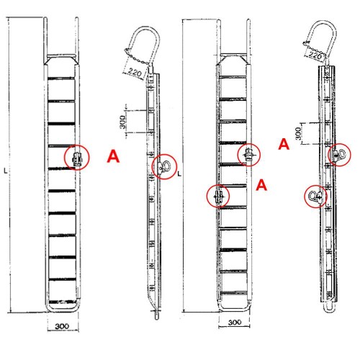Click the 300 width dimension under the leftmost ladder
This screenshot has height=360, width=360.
pyautogui.click(x=62, y=326)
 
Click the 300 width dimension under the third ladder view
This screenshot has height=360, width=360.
pyautogui.click(x=235, y=322)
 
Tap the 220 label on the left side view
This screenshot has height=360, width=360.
pyautogui.click(x=135, y=72)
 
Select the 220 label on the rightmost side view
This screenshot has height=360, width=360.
pyautogui.click(x=315, y=55)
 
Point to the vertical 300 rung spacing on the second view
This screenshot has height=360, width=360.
pyautogui.click(x=122, y=122)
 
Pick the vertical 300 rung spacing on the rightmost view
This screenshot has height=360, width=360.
pyautogui.click(x=298, y=133)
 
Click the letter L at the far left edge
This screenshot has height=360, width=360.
pyautogui.click(x=6, y=171)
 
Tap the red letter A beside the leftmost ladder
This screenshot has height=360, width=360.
pyautogui.click(x=113, y=156)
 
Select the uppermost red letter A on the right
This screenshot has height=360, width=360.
pyautogui.click(x=284, y=144)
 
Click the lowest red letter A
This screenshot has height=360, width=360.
pyautogui.click(x=261, y=185)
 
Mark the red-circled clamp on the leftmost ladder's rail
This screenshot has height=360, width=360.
pyautogui.click(x=77, y=158)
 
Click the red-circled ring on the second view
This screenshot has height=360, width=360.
pyautogui.click(x=164, y=166)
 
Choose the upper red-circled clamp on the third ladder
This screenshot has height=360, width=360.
pyautogui.click(x=248, y=154)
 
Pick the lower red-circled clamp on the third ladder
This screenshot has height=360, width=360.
pyautogui.click(x=218, y=197)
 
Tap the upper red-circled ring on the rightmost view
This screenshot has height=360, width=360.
pyautogui.click(x=339, y=154)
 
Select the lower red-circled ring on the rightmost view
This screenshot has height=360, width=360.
pyautogui.click(x=316, y=196)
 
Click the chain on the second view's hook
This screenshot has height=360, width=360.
pyautogui.click(x=136, y=57)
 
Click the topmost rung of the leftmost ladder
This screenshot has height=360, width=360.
pyautogui.click(x=61, y=78)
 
